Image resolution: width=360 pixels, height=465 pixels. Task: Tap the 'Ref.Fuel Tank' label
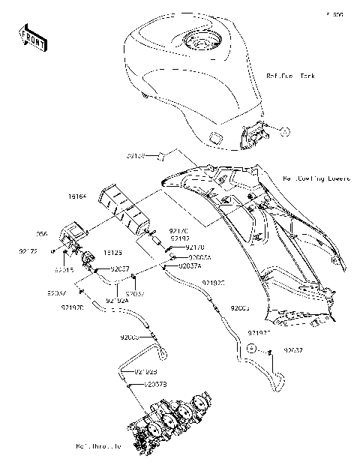click(292, 76)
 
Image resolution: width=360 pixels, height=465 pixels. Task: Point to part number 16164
click(78, 196)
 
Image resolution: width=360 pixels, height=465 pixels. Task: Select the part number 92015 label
click(63, 268)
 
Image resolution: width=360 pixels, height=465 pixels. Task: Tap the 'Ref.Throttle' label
click(97, 446)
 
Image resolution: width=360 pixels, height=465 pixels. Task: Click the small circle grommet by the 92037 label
click(253, 349)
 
